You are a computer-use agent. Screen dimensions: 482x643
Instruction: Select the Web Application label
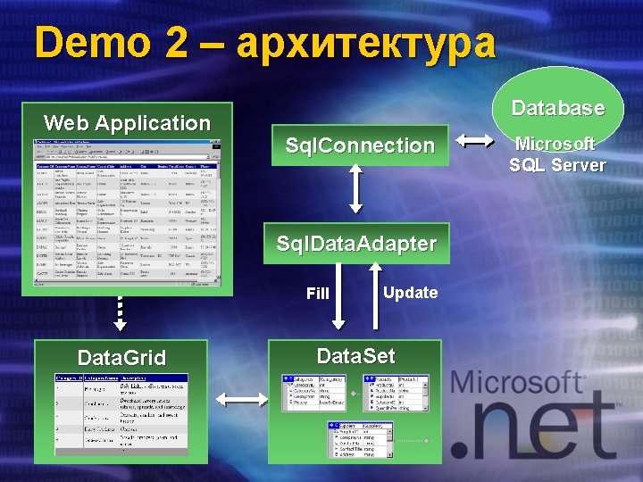pyautogui.click(x=127, y=123)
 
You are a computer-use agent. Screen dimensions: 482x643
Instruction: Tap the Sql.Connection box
pyautogui.click(x=359, y=145)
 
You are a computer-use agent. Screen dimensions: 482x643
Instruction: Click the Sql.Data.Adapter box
pyautogui.click(x=356, y=244)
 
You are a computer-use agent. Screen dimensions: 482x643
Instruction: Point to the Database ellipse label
pyautogui.click(x=558, y=108)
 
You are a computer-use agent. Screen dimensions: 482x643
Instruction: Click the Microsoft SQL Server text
pyautogui.click(x=557, y=154)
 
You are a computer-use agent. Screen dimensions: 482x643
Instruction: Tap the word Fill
pyautogui.click(x=318, y=294)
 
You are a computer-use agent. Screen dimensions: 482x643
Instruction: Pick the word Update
pyautogui.click(x=410, y=293)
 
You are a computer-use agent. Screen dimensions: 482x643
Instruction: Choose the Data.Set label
pyautogui.click(x=355, y=356)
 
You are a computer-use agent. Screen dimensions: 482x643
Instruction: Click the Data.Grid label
pyautogui.click(x=121, y=359)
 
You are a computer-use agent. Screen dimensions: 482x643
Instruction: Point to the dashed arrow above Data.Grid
pyautogui.click(x=121, y=312)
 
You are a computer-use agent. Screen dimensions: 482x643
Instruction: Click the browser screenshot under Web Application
pyautogui.click(x=126, y=212)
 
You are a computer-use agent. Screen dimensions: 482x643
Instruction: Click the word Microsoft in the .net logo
pyautogui.click(x=517, y=383)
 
